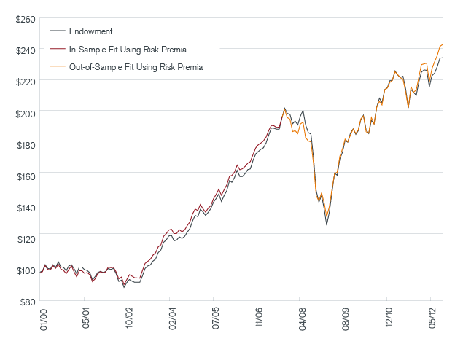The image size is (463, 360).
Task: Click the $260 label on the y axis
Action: click(24, 19)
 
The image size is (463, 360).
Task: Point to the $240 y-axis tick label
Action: click(24, 50)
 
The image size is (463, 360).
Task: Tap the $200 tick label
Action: click(24, 112)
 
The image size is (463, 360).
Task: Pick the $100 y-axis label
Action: click(24, 270)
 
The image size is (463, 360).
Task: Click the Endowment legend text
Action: click(90, 31)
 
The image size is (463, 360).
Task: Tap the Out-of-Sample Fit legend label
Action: click(136, 66)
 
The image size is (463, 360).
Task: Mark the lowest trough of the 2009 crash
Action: click(327, 225)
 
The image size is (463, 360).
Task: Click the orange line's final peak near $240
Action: click(442, 45)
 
